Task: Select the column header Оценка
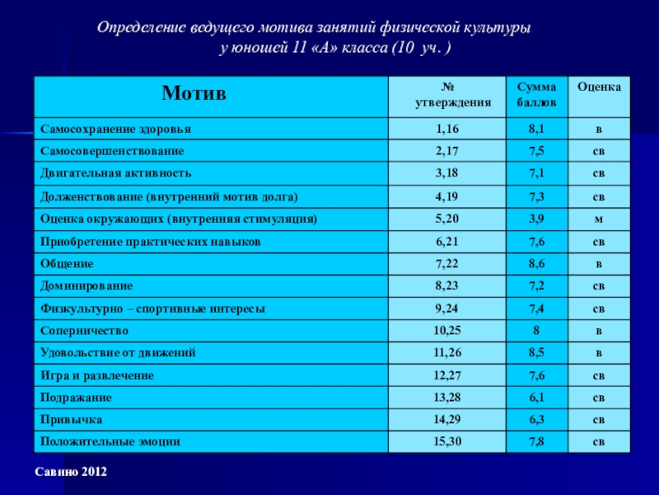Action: pyautogui.click(x=600, y=87)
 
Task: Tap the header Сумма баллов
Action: pyautogui.click(x=535, y=94)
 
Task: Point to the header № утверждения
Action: pyautogui.click(x=448, y=94)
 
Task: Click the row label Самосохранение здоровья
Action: pyautogui.click(x=116, y=129)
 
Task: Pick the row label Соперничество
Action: pyautogui.click(x=85, y=330)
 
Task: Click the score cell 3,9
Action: pyautogui.click(x=536, y=219)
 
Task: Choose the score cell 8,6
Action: pyautogui.click(x=536, y=263)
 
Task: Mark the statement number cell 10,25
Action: pyautogui.click(x=448, y=330)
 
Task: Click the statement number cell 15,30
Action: pyautogui.click(x=448, y=441)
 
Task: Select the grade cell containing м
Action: pyautogui.click(x=600, y=219)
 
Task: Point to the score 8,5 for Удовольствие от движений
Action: pyautogui.click(x=536, y=352)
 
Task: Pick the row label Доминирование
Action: pyautogui.click(x=86, y=285)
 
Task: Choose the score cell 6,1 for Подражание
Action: pyautogui.click(x=536, y=397)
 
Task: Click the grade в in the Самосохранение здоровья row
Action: pyautogui.click(x=600, y=129)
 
